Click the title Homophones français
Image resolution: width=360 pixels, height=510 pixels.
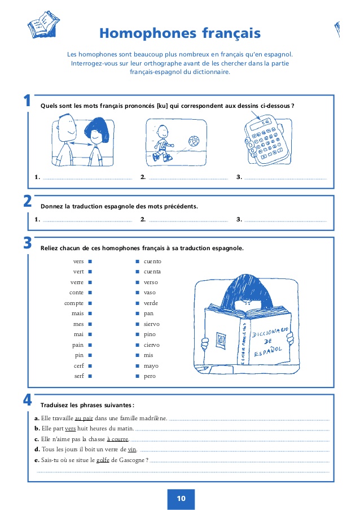(180, 33)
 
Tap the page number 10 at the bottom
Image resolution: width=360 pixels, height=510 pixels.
(181, 498)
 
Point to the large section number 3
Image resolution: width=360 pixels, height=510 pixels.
(27, 243)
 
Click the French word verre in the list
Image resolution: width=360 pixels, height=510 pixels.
(77, 282)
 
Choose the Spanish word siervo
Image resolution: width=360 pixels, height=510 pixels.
(151, 324)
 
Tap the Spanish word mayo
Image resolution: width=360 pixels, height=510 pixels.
(151, 365)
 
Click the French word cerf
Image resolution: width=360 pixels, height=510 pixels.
(78, 365)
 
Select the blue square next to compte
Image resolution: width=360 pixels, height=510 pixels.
(90, 303)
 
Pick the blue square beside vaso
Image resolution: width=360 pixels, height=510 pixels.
(137, 293)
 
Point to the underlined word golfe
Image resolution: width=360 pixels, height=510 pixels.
(102, 460)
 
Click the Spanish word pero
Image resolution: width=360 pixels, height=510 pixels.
(150, 376)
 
